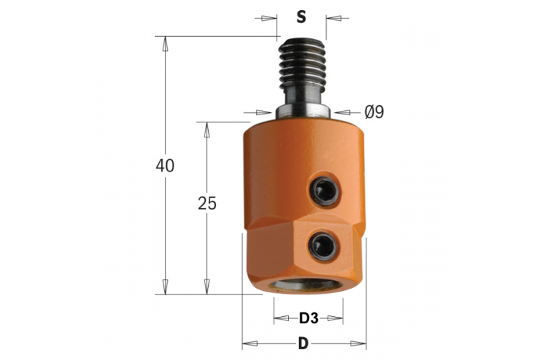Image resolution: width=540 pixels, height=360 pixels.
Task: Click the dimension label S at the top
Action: tap(302, 17)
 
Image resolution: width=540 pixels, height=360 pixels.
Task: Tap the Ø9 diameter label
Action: tap(374, 112)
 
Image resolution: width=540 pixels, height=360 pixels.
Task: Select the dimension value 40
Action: tap(165, 166)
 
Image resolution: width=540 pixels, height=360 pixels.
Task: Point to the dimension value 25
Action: tap(207, 203)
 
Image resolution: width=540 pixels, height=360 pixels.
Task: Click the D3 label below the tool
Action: tap(309, 318)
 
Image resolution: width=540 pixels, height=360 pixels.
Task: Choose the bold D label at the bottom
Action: tap(303, 343)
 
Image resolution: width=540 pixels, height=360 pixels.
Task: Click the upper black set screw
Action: tap(323, 191)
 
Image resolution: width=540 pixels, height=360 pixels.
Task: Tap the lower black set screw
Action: tap(323, 245)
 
